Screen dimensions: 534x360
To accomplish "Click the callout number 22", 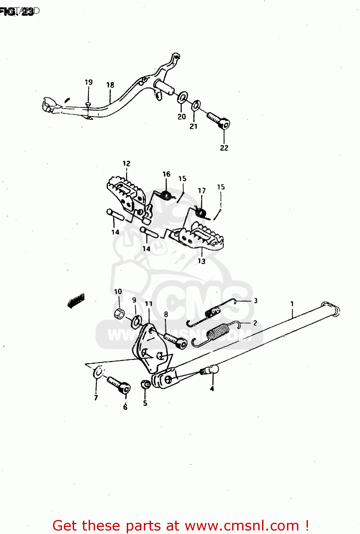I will coord(224,148).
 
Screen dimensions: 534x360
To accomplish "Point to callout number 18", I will coord(110,85).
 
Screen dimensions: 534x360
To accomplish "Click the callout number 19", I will coord(89,82).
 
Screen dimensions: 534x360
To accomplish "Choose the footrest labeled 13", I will coord(199,237).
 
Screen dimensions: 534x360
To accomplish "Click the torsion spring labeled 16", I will coord(166,195).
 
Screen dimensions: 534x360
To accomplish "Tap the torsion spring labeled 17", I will coord(202,212).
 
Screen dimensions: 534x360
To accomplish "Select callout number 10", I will coord(118,292).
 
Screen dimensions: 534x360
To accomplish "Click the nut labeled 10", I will coord(119,314).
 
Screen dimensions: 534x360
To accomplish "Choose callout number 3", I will coord(255,301).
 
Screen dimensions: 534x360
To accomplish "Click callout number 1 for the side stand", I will coord(292,304).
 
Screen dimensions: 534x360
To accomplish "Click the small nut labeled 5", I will coord(145,385).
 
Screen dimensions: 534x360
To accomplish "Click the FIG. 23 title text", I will coord(17,11).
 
